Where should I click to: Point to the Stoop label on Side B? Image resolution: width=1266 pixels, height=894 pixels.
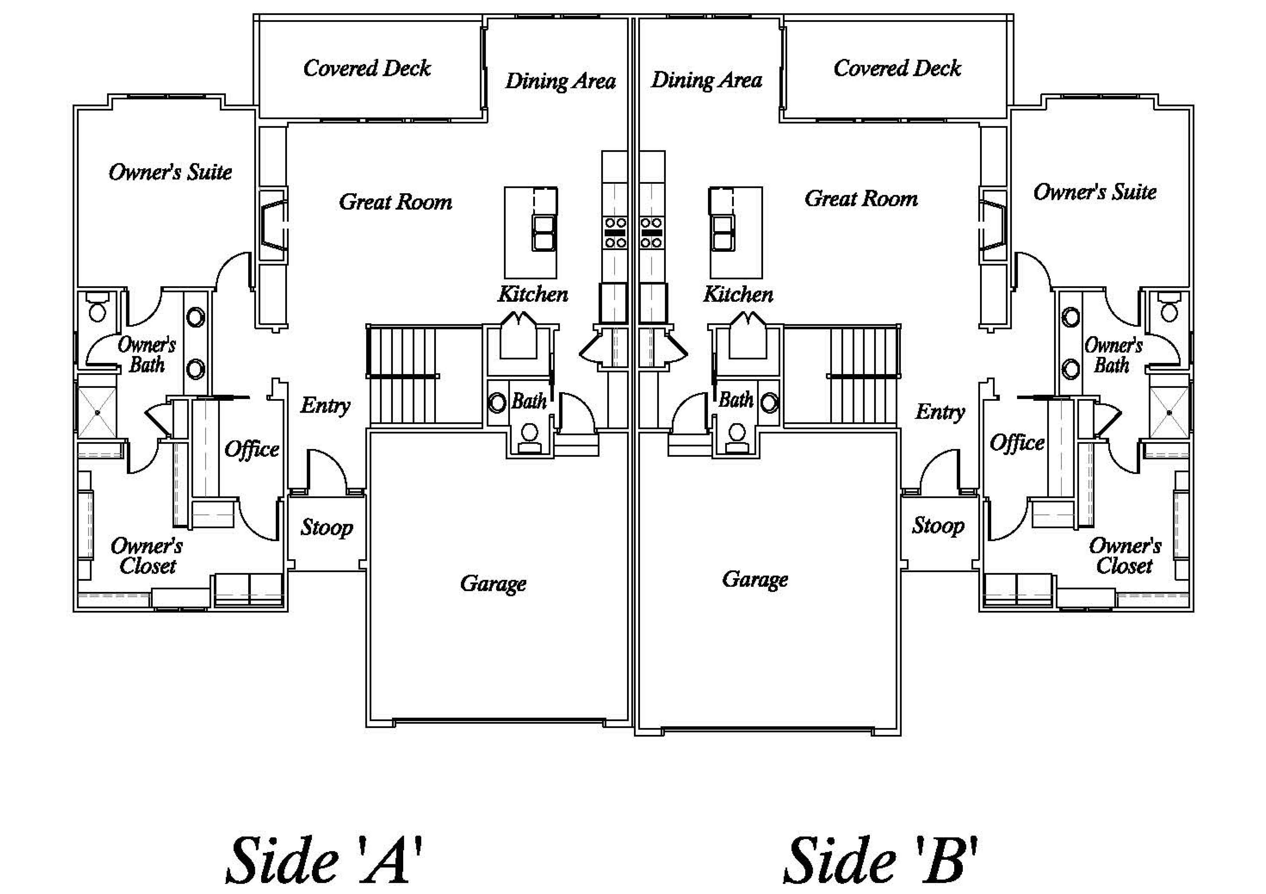938,526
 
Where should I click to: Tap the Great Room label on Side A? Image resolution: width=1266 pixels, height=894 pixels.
395,202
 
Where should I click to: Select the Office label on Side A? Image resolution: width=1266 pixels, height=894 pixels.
251,449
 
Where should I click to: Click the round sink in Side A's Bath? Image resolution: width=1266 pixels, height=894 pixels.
497,403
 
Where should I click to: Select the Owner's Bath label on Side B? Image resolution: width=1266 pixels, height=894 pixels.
1113,355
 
